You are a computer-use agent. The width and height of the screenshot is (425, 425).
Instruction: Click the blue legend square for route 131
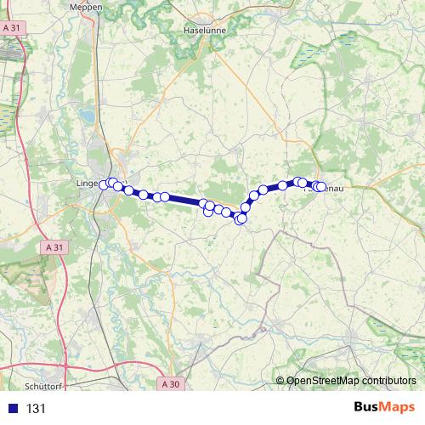click(11, 409)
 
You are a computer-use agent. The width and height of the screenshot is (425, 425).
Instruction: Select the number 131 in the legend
click(36, 409)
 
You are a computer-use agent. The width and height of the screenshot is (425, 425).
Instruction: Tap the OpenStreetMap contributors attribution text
click(351, 381)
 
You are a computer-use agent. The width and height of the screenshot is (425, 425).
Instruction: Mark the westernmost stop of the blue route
click(104, 184)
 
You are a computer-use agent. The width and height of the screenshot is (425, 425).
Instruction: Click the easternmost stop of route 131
click(321, 187)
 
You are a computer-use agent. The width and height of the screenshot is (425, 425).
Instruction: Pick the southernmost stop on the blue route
click(241, 219)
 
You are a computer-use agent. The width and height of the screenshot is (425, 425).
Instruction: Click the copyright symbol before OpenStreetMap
click(280, 381)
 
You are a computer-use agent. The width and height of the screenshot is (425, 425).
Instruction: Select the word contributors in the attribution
click(388, 381)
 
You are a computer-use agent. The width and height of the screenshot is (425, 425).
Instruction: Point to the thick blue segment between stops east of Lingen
click(185, 201)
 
